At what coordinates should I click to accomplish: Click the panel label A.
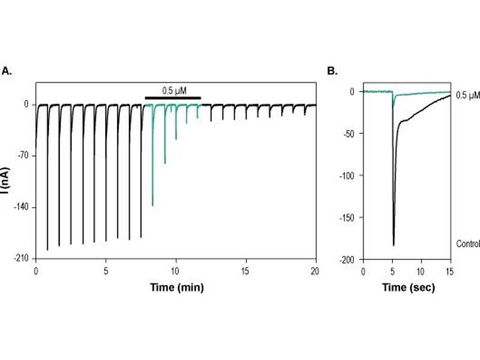pyautogui.click(x=7, y=71)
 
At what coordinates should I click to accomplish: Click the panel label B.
pyautogui.click(x=332, y=71)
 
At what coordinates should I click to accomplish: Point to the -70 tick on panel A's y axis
pyautogui.click(x=25, y=155)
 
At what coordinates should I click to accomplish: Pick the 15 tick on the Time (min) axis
pyautogui.click(x=245, y=271)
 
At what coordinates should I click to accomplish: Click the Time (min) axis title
pyautogui.click(x=176, y=287)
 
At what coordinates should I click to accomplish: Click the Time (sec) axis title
pyautogui.click(x=409, y=287)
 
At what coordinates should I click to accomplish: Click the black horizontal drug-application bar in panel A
pyautogui.click(x=173, y=97)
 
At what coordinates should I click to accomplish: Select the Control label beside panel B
pyautogui.click(x=468, y=244)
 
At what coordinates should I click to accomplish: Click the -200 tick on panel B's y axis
pyautogui.click(x=349, y=259)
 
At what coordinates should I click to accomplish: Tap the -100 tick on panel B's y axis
pyautogui.click(x=349, y=175)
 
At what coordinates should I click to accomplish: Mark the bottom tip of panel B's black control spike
pyautogui.click(x=394, y=245)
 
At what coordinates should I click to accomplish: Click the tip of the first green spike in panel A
pyautogui.click(x=152, y=206)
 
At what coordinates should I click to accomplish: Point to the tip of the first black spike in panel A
pyautogui.click(x=47, y=250)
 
